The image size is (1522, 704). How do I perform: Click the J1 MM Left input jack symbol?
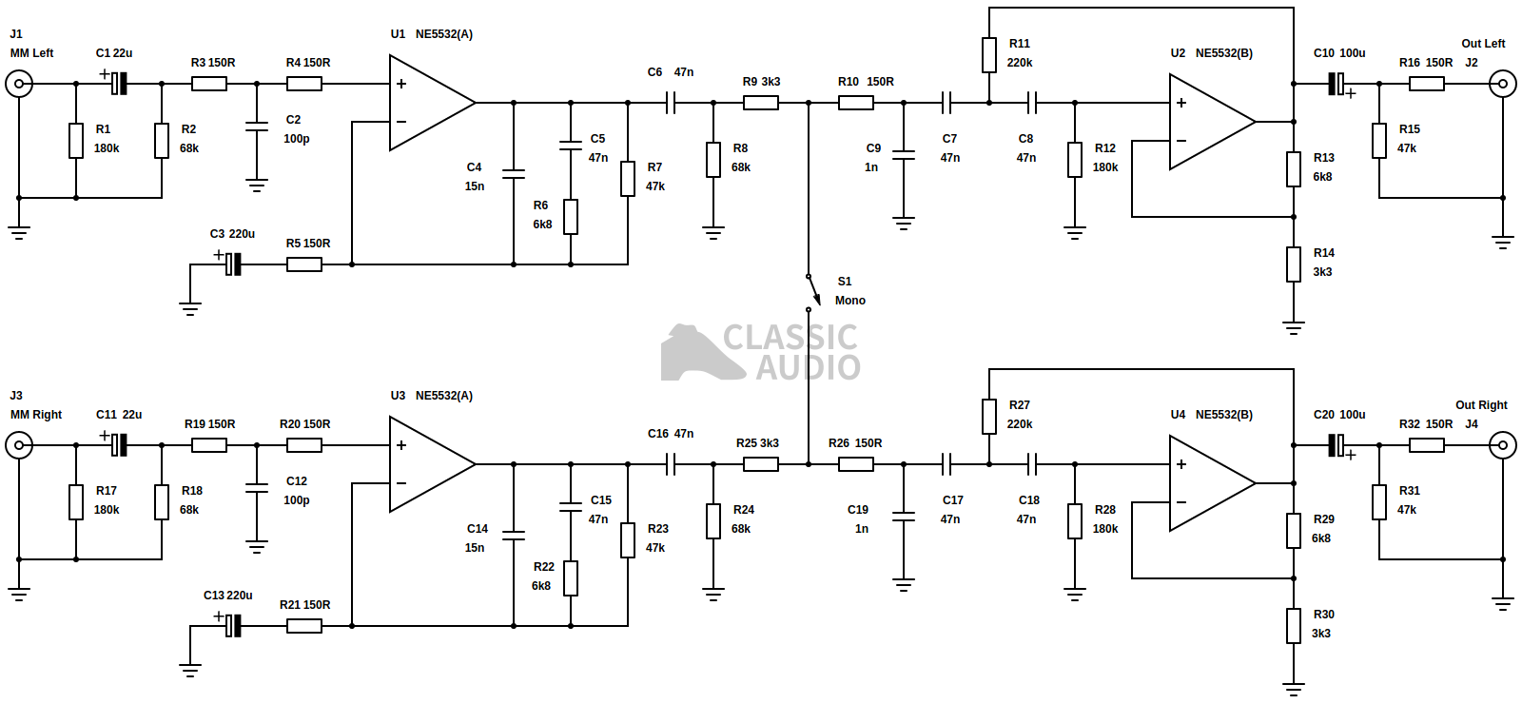pos(18,84)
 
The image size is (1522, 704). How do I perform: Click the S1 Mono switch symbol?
pos(812,291)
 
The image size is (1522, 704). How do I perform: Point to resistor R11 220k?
pos(989,55)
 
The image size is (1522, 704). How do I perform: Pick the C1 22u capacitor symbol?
pos(118,84)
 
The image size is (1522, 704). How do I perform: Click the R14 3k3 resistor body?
pos(1294,264)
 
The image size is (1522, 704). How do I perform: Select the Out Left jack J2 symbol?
pos(1503,84)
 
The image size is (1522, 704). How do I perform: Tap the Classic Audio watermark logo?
pos(761,352)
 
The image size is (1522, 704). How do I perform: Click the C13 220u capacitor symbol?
pos(233,626)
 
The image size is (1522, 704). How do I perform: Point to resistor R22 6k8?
pos(571,578)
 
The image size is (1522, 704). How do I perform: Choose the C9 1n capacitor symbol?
pos(904,155)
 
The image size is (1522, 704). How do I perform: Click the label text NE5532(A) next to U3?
pos(443,396)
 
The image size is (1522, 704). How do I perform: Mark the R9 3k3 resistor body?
pos(761,103)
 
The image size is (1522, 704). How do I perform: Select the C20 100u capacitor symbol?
pos(1337,445)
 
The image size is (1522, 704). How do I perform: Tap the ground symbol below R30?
pos(1294,688)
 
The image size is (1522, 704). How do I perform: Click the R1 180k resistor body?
pos(76,141)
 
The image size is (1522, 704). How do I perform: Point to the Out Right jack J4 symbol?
pos(1503,445)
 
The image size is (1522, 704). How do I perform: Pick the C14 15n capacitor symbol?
pos(514,536)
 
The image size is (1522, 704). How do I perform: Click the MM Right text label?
pos(36,415)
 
